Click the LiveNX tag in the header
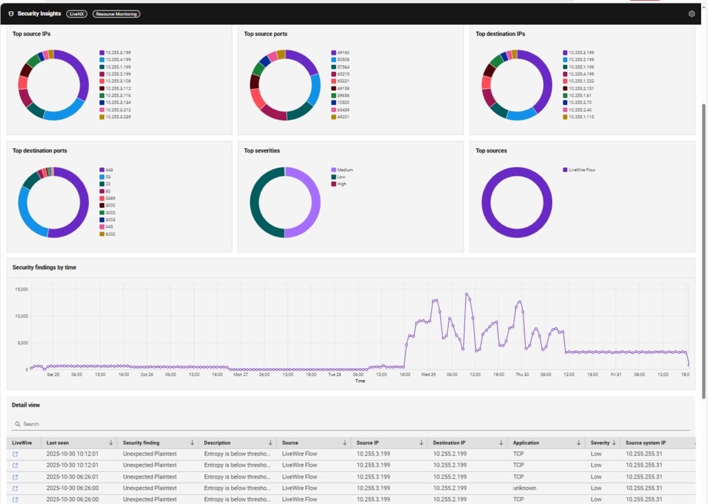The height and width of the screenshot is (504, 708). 77,14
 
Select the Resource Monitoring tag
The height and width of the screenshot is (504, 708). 116,14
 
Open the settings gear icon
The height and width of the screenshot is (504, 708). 691,14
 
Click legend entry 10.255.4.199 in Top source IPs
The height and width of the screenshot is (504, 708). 118,60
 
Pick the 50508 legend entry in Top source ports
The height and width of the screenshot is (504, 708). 343,60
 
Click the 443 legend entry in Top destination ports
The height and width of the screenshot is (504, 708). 109,170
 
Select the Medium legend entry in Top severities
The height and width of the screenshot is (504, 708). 345,170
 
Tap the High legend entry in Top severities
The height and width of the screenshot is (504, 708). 342,184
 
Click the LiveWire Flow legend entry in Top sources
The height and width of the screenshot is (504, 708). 581,170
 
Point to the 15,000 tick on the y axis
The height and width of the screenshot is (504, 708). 21,289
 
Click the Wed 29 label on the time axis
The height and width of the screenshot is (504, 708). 428,374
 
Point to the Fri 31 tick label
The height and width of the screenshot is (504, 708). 616,374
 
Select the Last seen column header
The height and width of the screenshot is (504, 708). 57,443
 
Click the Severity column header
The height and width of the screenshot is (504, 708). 599,443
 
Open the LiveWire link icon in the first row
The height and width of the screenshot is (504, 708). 15,454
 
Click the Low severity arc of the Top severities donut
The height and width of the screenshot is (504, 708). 255,202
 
